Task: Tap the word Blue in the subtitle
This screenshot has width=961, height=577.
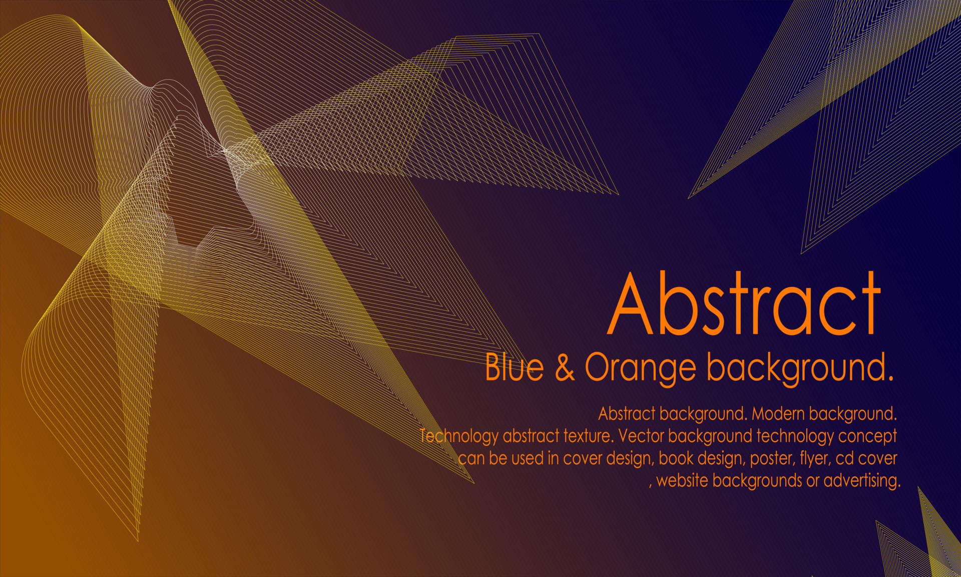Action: click(x=514, y=367)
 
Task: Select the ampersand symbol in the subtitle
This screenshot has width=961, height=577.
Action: click(x=565, y=367)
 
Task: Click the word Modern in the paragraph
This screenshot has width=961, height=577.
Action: click(x=778, y=414)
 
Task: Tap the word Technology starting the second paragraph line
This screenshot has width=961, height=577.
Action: click(x=458, y=436)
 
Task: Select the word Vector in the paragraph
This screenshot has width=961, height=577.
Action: click(x=641, y=436)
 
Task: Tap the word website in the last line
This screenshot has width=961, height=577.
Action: click(x=682, y=481)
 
